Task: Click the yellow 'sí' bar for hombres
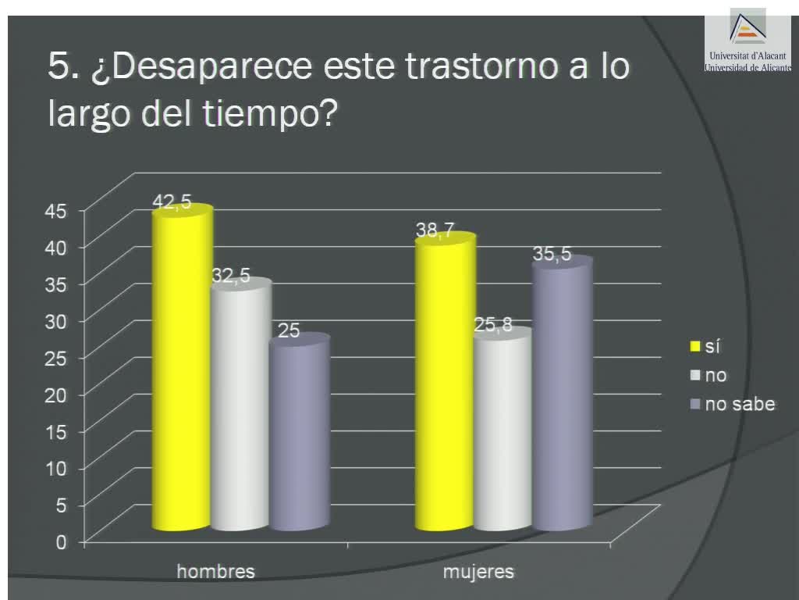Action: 182,371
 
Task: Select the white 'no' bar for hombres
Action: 240,406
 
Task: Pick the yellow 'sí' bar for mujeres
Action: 445,383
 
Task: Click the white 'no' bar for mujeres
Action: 502,430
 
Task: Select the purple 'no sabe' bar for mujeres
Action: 561,395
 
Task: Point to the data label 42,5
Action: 172,202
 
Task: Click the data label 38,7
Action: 435,230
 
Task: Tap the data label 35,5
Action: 552,254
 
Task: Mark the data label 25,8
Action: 493,325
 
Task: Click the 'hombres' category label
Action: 216,571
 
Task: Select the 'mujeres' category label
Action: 478,571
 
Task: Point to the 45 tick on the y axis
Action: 61,209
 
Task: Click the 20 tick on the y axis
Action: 61,394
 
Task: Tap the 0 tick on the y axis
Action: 61,541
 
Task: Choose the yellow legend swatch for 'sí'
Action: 694,346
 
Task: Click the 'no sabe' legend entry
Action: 739,404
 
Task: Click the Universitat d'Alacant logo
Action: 747,39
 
